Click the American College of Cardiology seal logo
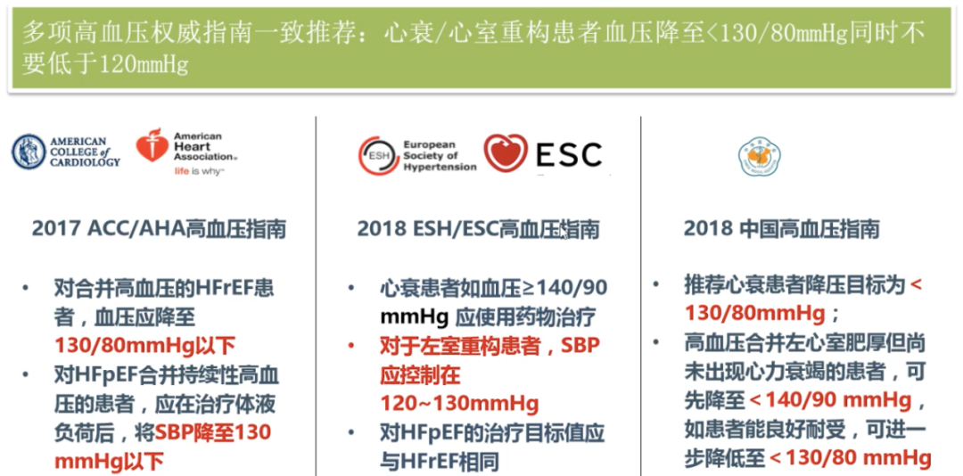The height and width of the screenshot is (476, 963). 29,152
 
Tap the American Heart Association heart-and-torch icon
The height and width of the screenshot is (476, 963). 152,146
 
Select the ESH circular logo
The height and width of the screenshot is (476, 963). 377,155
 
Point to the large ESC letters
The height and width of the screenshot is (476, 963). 568,154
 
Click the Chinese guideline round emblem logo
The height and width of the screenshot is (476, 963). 759,156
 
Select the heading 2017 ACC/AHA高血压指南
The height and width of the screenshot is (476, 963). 159,229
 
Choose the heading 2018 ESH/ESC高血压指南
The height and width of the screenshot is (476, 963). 479,229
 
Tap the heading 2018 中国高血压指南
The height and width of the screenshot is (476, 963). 782,229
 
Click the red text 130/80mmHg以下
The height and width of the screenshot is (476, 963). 145,346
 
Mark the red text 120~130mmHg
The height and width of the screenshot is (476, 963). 459,404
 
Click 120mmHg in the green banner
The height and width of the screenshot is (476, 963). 144,63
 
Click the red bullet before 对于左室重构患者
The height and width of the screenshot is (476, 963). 351,346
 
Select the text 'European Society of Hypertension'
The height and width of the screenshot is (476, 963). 440,155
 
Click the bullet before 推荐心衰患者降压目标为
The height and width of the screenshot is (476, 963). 656,285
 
